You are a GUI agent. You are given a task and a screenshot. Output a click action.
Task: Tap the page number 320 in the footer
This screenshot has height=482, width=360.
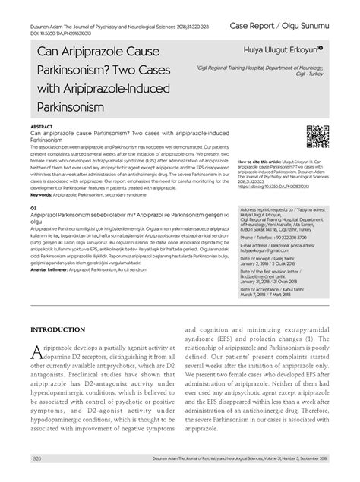pyautogui.click(x=36, y=458)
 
